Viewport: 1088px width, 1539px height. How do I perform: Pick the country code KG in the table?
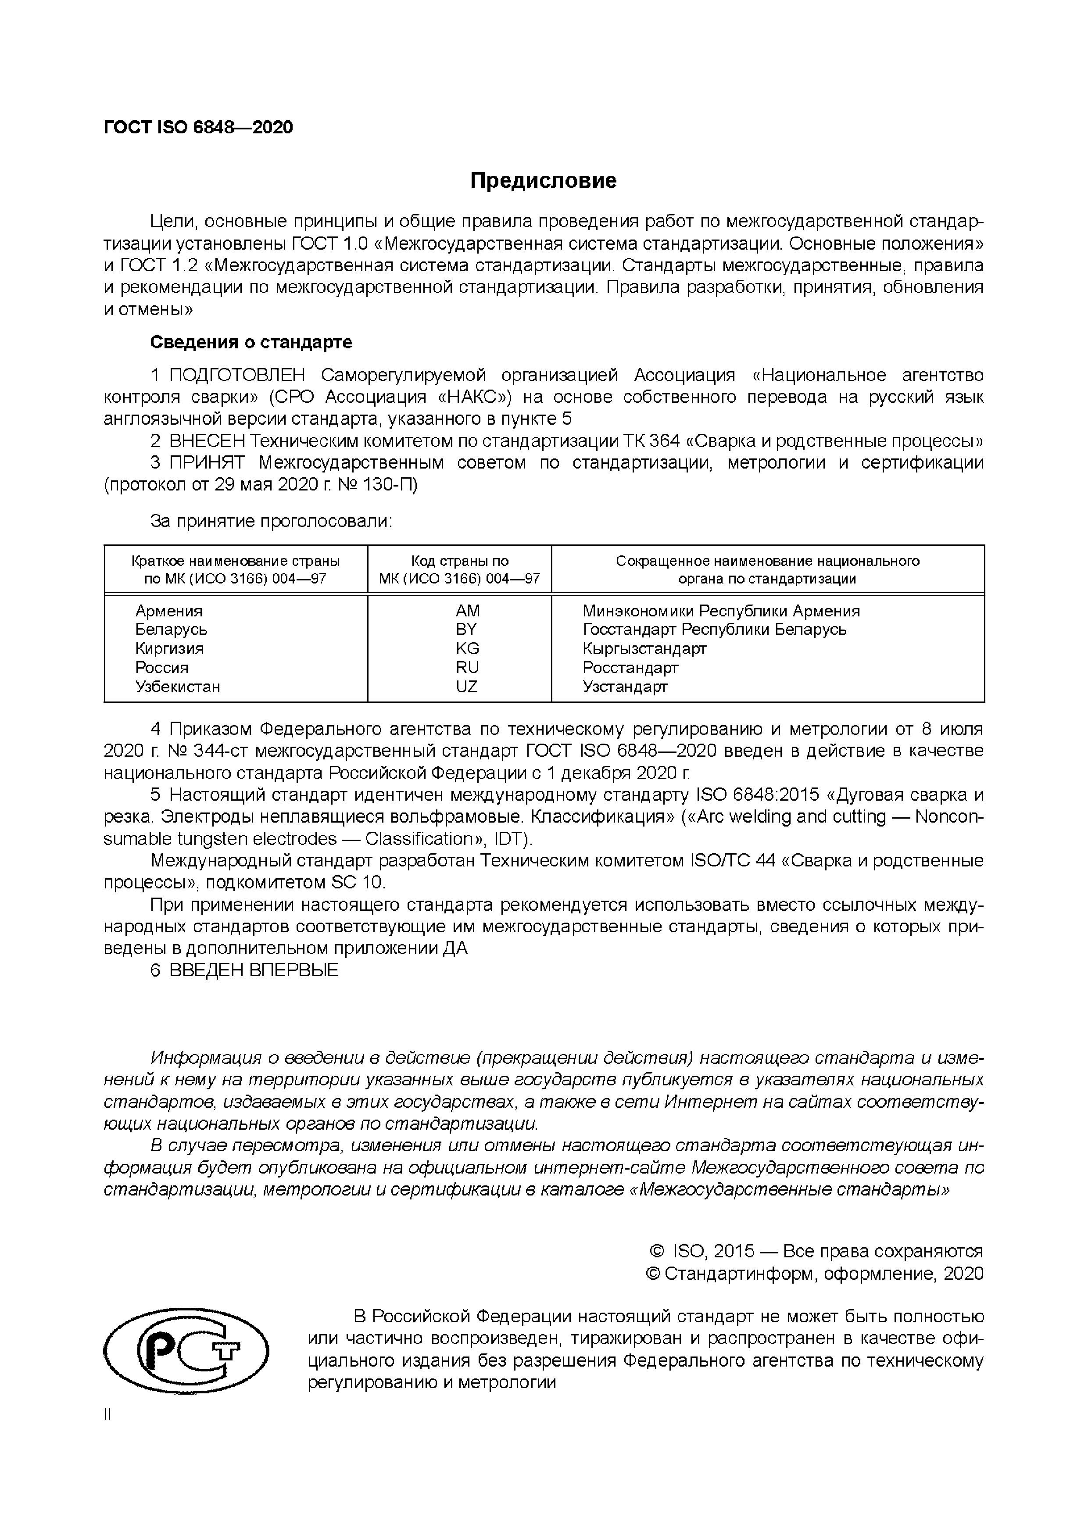(x=467, y=648)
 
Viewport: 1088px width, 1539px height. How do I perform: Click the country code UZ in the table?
(x=467, y=687)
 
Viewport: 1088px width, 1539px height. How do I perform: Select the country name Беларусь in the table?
(x=171, y=630)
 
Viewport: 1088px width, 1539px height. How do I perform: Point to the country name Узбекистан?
(x=178, y=687)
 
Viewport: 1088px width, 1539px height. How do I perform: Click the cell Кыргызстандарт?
(x=644, y=648)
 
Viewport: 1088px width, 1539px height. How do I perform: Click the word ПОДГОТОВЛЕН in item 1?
(x=237, y=375)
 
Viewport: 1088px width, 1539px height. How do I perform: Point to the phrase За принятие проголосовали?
(x=271, y=521)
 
